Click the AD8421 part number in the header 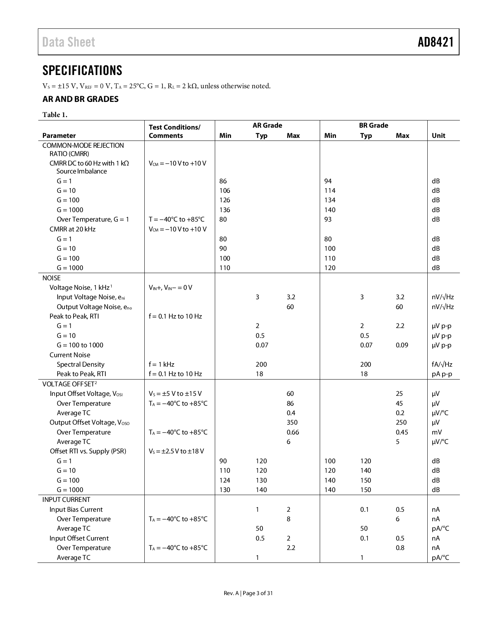point(435,42)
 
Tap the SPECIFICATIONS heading point(82,70)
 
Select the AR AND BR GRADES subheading point(80,99)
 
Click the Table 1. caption point(55,115)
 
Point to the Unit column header point(438,136)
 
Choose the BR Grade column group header point(373,125)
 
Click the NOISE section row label point(52,278)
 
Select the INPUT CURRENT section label point(66,500)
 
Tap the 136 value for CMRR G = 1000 point(225,210)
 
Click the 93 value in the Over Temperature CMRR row point(328,219)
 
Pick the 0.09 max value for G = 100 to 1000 point(402,345)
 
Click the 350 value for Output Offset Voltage point(292,422)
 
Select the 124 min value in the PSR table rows point(225,480)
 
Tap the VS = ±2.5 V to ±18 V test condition point(176,451)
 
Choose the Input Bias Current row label point(76,509)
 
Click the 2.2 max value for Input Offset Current point(291,548)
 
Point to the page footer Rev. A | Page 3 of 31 point(248,593)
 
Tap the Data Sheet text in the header point(69,42)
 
